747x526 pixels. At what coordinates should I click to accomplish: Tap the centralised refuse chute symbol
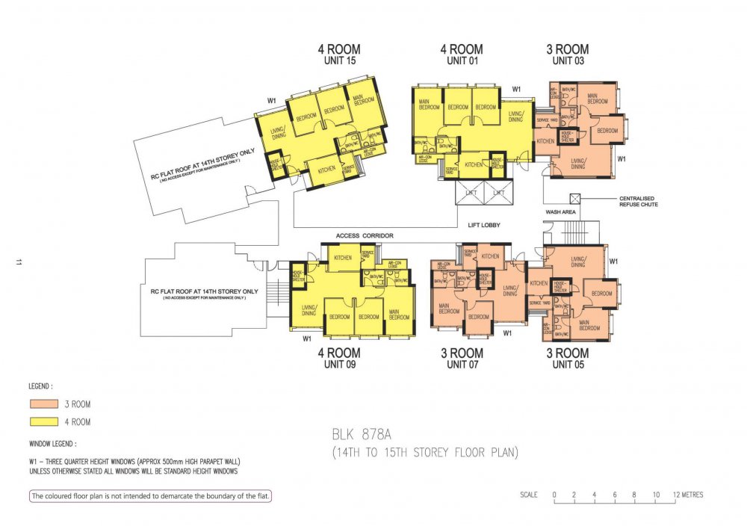(x=574, y=199)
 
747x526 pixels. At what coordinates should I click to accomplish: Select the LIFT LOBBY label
(x=484, y=223)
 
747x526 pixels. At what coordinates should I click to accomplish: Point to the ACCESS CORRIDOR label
(x=364, y=235)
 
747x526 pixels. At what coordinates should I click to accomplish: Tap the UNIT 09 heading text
(x=339, y=365)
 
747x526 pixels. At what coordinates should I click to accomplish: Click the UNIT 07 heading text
(x=462, y=365)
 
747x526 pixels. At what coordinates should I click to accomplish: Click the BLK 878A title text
(x=362, y=434)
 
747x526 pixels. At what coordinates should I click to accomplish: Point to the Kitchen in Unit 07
(x=490, y=256)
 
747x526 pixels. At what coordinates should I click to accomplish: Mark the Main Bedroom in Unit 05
(x=589, y=325)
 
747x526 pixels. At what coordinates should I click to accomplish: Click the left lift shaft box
(x=470, y=193)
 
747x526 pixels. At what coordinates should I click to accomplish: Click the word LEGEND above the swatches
(x=41, y=387)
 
